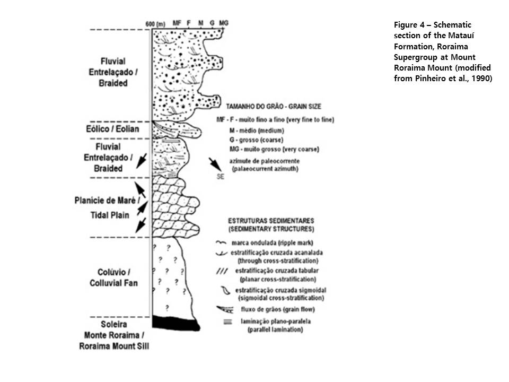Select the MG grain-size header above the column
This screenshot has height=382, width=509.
tap(224, 24)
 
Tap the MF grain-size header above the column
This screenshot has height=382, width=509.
tap(176, 24)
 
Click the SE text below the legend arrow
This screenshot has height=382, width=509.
tap(221, 177)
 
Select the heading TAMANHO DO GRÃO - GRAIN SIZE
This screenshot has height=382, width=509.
tap(273, 106)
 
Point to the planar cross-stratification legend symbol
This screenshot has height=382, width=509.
tap(221, 271)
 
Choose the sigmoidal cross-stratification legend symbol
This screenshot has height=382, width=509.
tap(223, 290)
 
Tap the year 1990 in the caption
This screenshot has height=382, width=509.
tap(480, 78)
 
